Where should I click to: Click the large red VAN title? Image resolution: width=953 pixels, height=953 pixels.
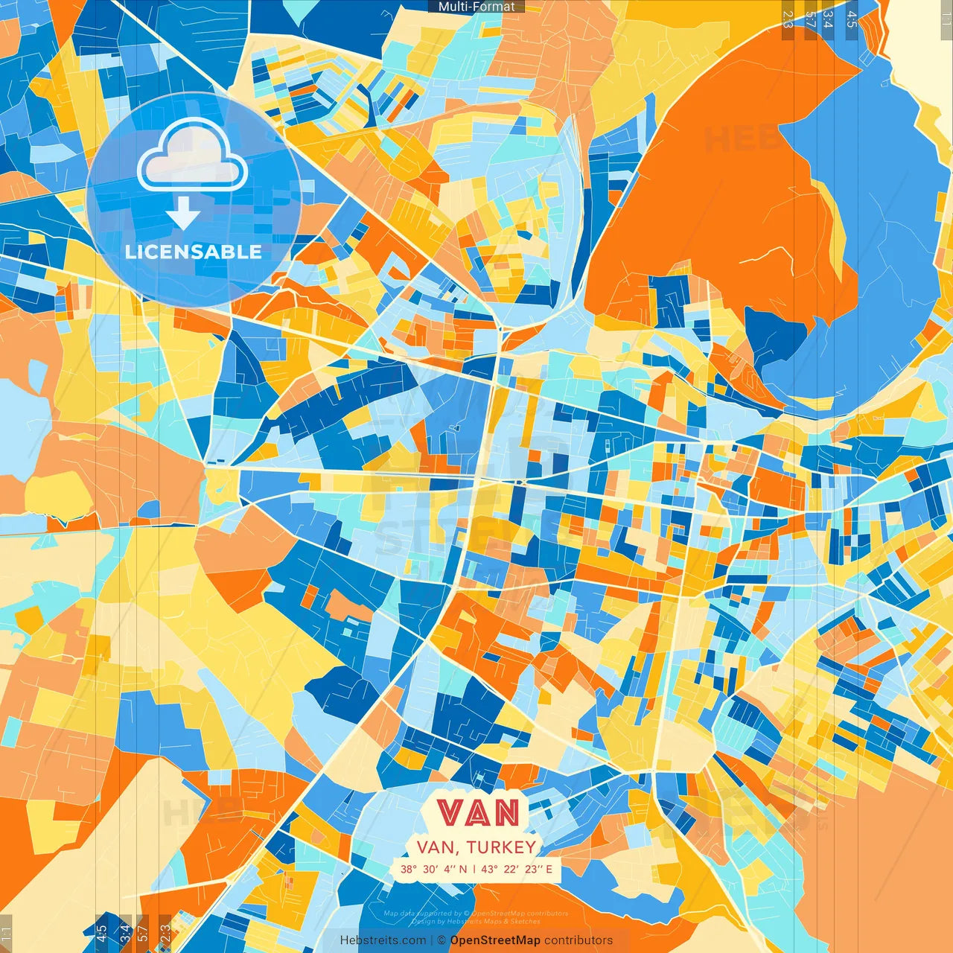coord(477,812)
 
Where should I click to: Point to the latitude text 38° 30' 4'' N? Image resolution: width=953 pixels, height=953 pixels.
coord(433,869)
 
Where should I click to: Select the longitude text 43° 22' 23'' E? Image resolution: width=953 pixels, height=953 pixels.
coord(517,869)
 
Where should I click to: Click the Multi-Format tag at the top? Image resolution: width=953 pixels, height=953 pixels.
coord(476,7)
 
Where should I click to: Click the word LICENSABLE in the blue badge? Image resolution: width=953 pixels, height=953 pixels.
coord(194,252)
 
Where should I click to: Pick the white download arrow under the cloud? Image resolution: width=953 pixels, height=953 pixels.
coord(183,214)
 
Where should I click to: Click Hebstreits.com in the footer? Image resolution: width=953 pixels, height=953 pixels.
coord(383,940)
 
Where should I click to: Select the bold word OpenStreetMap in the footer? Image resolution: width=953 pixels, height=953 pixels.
coord(495,940)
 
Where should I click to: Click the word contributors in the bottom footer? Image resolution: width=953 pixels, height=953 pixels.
coord(579,940)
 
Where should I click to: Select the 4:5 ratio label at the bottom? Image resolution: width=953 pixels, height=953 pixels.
coord(101,933)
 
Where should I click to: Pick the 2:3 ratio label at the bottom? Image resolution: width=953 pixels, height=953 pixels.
coord(165,933)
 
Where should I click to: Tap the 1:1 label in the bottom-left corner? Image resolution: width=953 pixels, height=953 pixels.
coord(7,933)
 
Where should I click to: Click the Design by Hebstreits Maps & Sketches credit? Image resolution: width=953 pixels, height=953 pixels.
coord(476,922)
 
